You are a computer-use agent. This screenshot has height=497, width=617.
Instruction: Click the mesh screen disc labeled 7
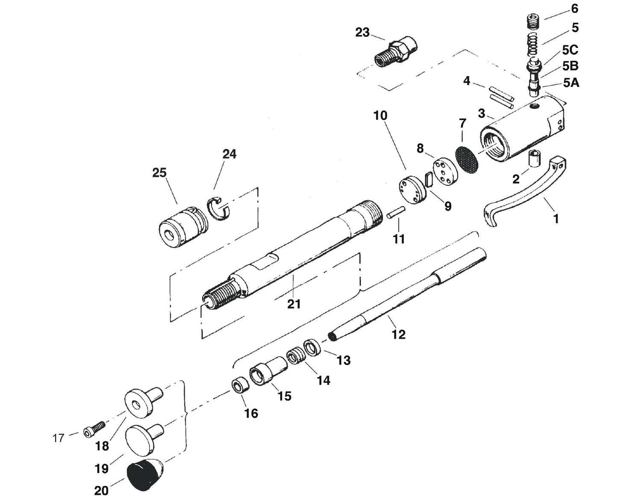(x=466, y=157)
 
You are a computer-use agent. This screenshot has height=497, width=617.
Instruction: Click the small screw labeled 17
(x=95, y=429)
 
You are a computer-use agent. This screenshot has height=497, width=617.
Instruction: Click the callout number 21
(x=294, y=304)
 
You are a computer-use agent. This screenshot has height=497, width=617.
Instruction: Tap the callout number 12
(x=398, y=334)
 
